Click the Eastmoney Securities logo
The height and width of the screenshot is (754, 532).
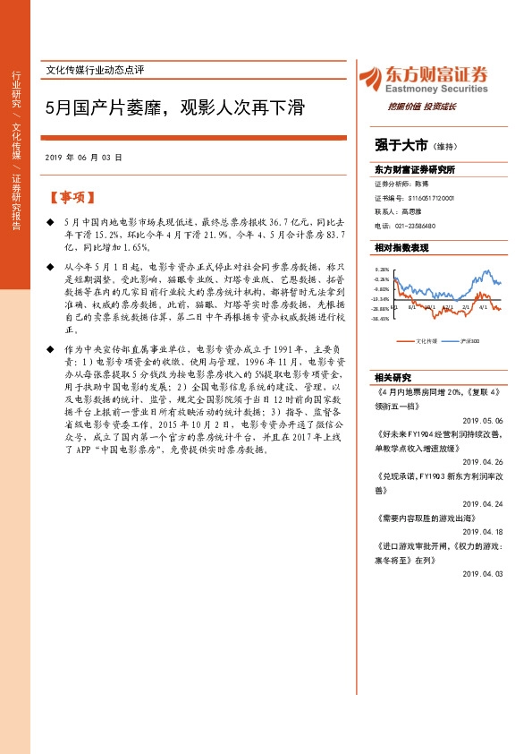tap(423, 81)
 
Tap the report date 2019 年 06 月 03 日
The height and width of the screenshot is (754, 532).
tap(83, 157)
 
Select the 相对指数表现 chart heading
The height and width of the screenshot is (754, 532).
tap(402, 247)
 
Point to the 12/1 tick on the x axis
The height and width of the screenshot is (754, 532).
tap(447, 306)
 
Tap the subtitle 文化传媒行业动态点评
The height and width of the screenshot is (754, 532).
tap(94, 70)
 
